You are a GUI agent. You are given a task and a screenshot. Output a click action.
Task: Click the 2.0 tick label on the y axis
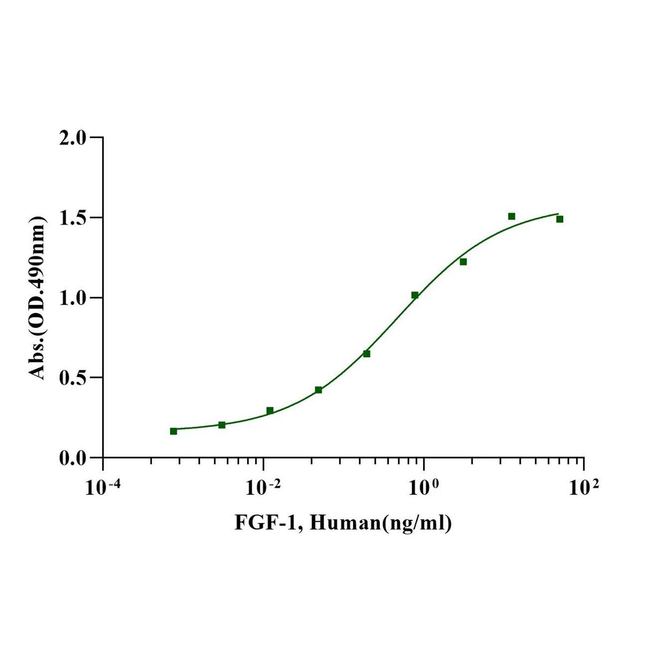click(x=72, y=138)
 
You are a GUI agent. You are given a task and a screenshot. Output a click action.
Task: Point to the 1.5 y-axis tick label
click(x=72, y=218)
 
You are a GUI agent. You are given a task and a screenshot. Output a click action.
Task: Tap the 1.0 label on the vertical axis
click(x=72, y=298)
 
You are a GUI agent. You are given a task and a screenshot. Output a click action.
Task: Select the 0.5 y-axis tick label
click(x=72, y=378)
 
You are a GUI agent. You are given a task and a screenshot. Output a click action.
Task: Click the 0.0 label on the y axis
click(x=72, y=458)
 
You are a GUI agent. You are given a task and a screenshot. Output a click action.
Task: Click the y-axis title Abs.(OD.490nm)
click(x=38, y=298)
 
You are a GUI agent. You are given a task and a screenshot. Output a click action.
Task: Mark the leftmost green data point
click(x=173, y=431)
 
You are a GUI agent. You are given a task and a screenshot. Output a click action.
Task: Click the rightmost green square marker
click(x=560, y=219)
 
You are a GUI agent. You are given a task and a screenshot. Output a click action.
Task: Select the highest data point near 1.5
click(x=511, y=216)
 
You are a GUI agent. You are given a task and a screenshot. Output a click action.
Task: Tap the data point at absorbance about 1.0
click(x=415, y=295)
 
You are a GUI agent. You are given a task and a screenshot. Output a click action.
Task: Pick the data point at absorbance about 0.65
click(x=366, y=354)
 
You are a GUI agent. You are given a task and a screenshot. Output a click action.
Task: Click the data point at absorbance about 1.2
click(x=463, y=262)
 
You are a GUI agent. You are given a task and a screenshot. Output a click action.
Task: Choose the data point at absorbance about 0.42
click(x=319, y=390)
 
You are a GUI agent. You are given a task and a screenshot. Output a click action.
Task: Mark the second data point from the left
click(x=222, y=425)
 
